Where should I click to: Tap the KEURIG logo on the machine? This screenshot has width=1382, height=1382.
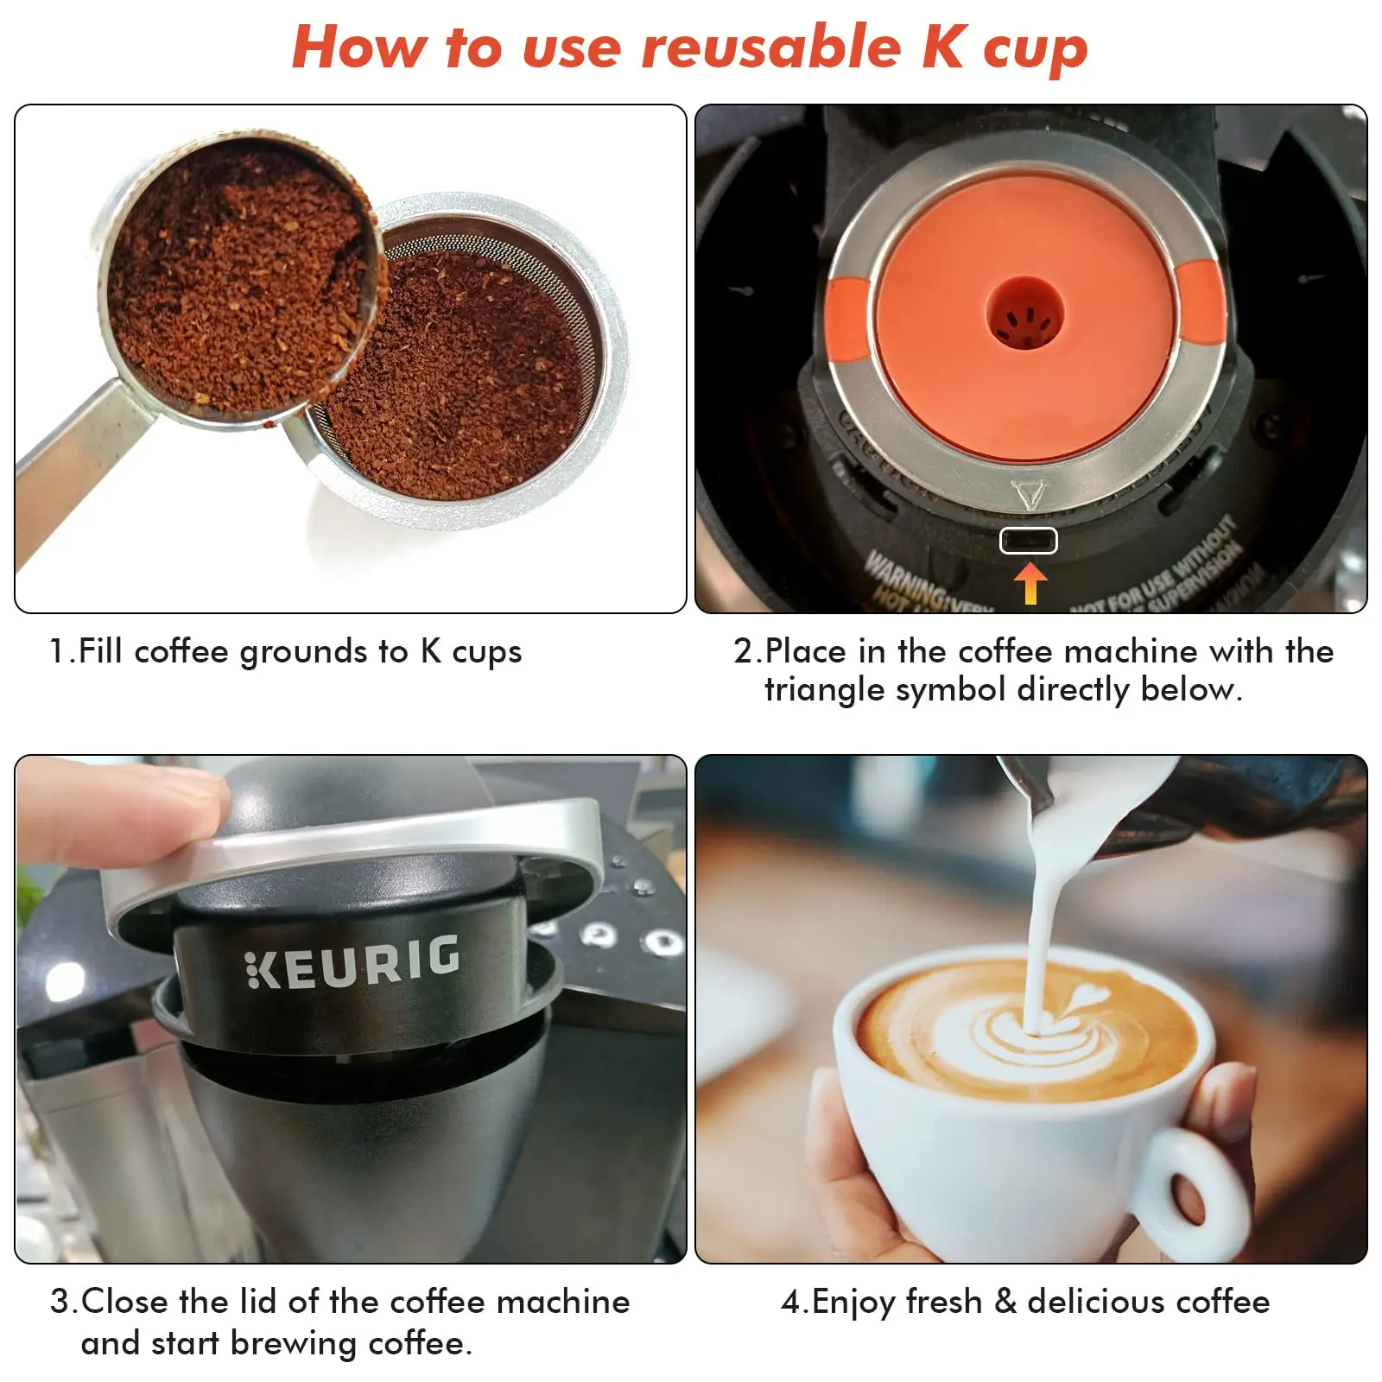[x=352, y=961]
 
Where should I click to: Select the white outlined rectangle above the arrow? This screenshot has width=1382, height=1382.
[x=1028, y=541]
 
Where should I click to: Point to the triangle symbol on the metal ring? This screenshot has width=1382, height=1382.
[x=1029, y=495]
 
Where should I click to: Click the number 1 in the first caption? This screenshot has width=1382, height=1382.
[x=57, y=651]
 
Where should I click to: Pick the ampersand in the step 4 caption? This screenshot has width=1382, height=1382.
[x=1005, y=1301]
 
